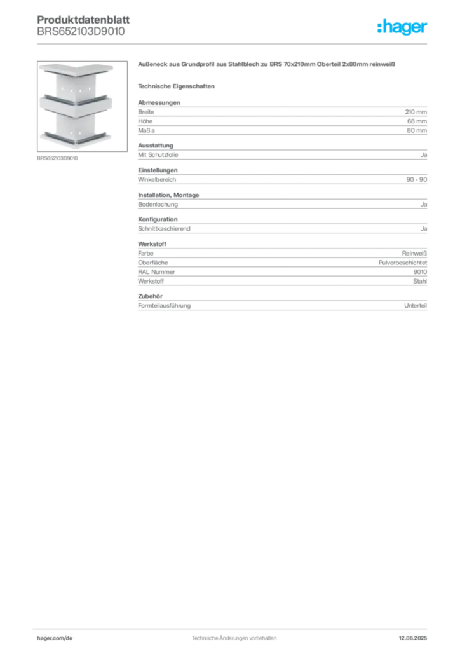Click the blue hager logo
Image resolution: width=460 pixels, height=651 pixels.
[403, 27]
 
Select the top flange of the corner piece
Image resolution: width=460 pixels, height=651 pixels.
[76, 70]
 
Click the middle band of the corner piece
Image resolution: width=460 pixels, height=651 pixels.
[76, 103]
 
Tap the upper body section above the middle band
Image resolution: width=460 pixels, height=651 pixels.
[76, 86]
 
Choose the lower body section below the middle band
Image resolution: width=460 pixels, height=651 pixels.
[76, 121]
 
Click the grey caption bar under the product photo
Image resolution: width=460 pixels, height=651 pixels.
[58, 158]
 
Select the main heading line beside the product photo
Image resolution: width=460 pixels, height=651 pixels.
[267, 64]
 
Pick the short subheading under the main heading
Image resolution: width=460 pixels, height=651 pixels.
[178, 86]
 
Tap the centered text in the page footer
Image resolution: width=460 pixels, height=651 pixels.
[234, 634]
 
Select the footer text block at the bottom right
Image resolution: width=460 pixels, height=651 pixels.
[414, 635]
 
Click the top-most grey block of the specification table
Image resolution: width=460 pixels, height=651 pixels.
[282, 118]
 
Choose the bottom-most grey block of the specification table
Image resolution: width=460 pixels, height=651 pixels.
[282, 305]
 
